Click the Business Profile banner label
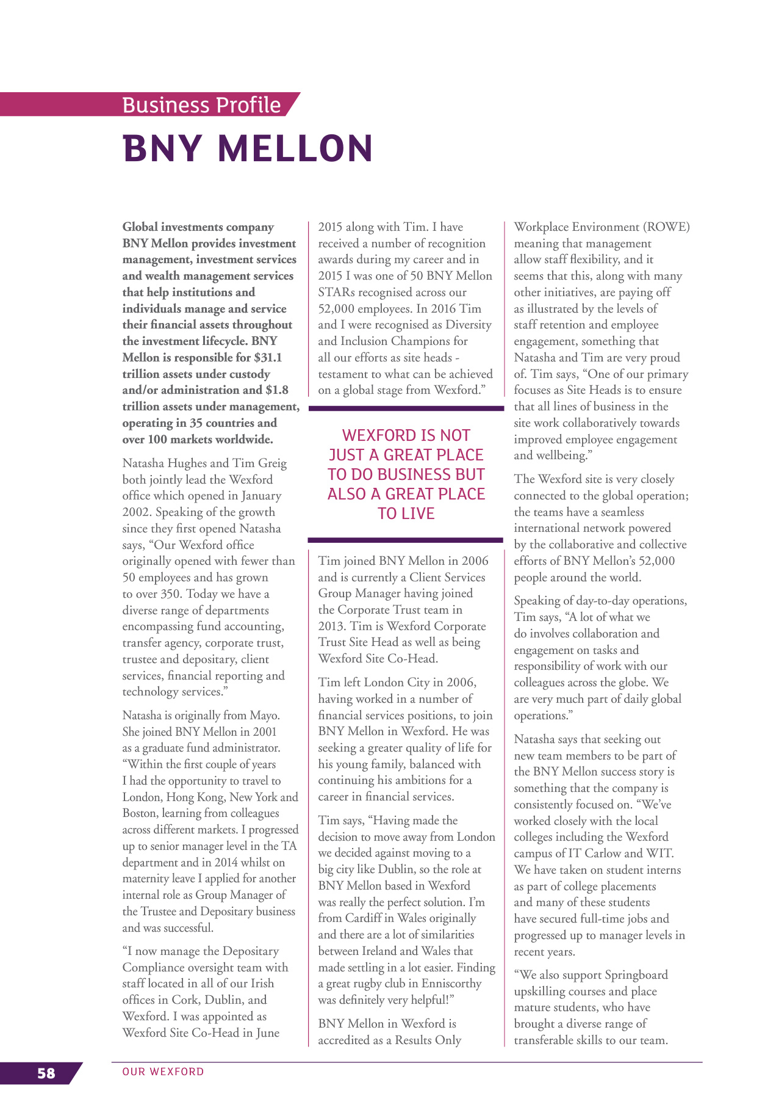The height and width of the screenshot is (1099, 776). (201, 105)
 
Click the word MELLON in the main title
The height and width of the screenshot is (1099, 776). (295, 148)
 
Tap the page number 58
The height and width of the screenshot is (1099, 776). (46, 1073)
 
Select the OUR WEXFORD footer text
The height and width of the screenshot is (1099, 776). (163, 1072)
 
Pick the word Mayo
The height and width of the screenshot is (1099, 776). (264, 715)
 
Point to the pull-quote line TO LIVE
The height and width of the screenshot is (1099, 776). (406, 513)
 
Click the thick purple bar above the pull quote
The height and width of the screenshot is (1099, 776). (406, 408)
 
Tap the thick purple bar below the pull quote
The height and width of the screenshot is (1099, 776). (405, 540)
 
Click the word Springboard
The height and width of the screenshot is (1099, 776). (636, 975)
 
